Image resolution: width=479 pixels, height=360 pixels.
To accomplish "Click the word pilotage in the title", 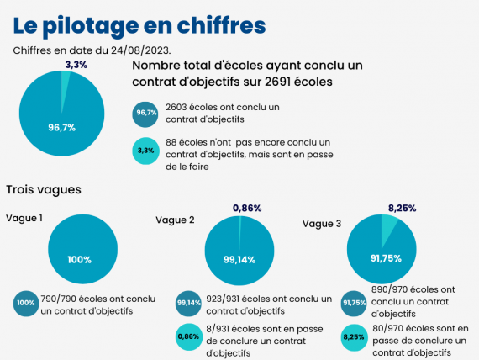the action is (x=91, y=26).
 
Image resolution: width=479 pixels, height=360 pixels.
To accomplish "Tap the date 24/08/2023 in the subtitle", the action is (x=139, y=50).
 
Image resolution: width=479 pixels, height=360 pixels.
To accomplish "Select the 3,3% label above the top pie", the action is (x=76, y=65).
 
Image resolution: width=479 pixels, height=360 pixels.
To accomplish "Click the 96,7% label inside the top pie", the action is (x=61, y=127).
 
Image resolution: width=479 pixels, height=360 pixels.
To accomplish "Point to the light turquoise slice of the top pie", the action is (x=65, y=86).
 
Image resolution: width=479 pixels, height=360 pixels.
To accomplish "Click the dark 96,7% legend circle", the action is (x=145, y=114).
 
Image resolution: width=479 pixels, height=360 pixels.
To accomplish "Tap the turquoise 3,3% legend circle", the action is (x=145, y=151).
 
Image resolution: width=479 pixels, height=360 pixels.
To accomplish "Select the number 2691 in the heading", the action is (x=277, y=82).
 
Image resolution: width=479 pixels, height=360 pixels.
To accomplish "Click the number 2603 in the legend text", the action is (x=176, y=108).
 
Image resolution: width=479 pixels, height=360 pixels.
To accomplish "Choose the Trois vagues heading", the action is (x=44, y=189).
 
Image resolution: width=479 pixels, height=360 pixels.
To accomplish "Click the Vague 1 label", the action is (x=24, y=218).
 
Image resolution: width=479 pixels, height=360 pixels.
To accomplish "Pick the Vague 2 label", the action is (x=175, y=220).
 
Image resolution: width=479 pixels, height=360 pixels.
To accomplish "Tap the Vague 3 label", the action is (x=322, y=224).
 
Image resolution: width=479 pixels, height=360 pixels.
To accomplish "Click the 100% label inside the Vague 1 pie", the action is (x=80, y=260).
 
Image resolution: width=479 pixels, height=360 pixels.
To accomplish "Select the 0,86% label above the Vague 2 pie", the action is (x=247, y=209).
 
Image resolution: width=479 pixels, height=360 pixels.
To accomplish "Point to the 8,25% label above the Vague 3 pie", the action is (x=402, y=209).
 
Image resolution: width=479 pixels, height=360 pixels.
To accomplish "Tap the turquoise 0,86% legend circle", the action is (x=189, y=336).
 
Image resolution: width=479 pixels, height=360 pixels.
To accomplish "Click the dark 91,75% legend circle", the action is (x=354, y=303).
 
